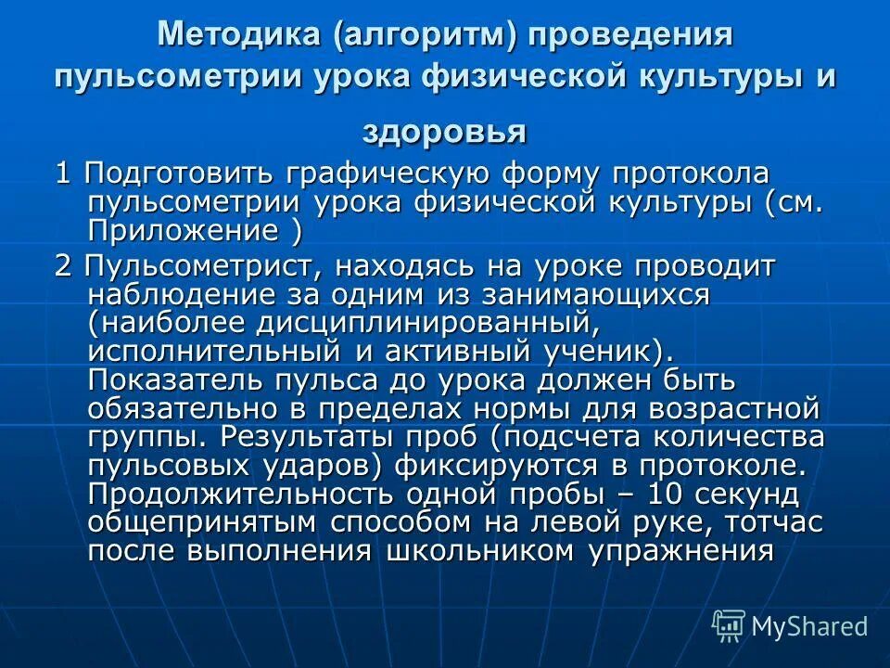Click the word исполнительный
click(210, 352)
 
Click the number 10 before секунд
click(637, 494)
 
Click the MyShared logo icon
click(728, 625)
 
